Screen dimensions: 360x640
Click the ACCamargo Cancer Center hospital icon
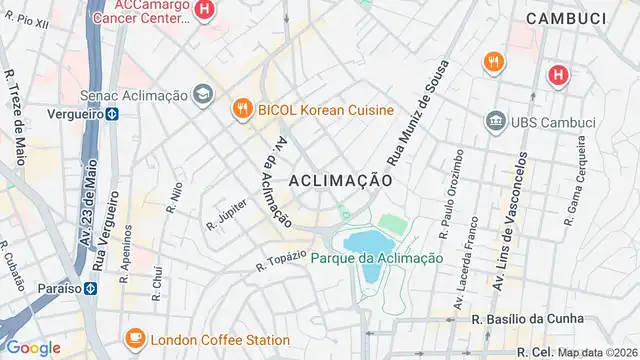tap(205, 11)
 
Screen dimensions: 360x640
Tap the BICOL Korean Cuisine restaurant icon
tap(241, 109)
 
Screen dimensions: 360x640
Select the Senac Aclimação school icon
tap(204, 94)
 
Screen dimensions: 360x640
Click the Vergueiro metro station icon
tap(113, 114)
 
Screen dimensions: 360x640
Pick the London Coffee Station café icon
tap(132, 336)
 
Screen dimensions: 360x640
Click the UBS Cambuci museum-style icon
tap(494, 122)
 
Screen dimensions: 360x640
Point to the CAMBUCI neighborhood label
tap(568, 18)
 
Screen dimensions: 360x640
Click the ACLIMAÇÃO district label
tap(340, 180)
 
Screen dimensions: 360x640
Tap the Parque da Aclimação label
tap(376, 258)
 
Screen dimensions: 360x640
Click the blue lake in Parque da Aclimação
tap(366, 242)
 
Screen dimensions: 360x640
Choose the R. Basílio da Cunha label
tap(520, 318)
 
